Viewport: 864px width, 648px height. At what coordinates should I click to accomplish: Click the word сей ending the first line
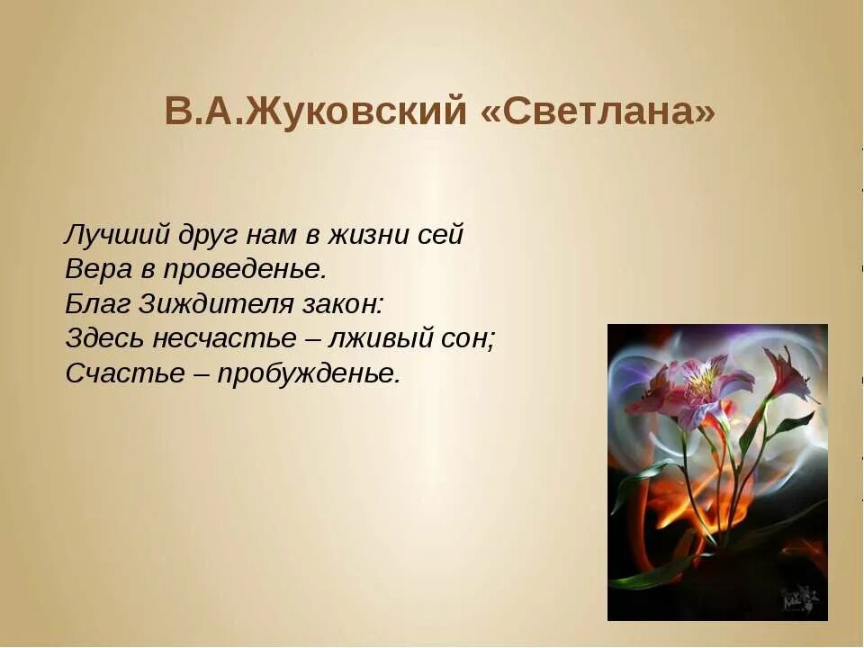[x=440, y=236]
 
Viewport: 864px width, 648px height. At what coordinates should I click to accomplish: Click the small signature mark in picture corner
[x=799, y=597]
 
